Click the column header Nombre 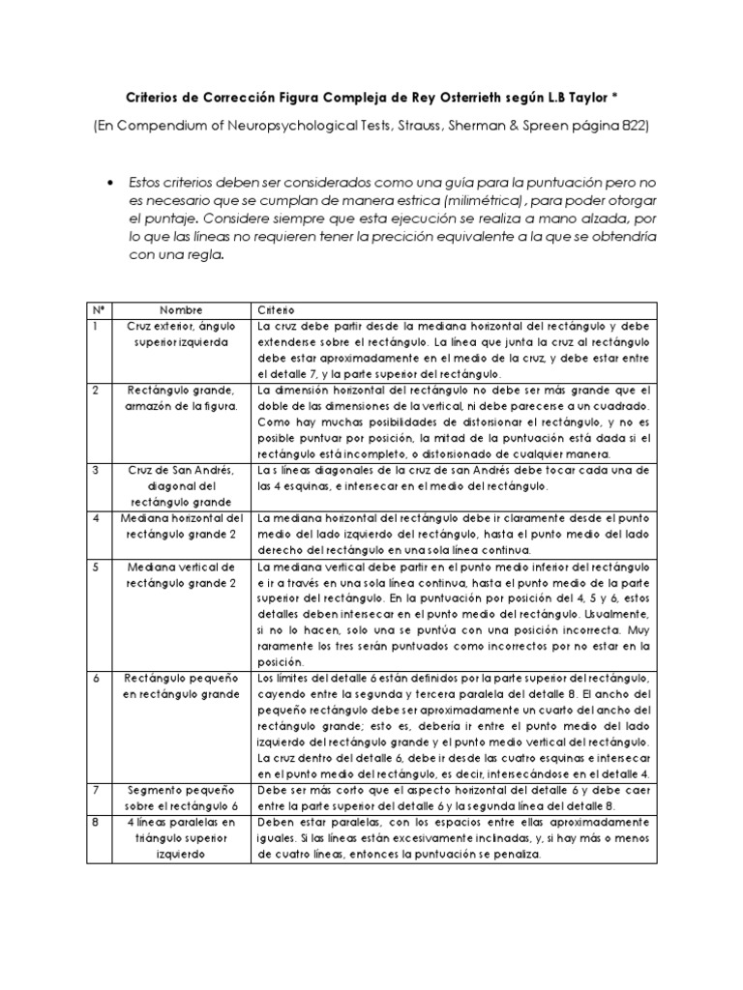(x=181, y=310)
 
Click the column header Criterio (x=276, y=310)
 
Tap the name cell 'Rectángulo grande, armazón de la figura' (x=181, y=398)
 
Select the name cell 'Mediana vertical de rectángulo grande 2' (x=181, y=575)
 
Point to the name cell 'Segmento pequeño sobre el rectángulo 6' (x=181, y=799)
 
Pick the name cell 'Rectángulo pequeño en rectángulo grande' (x=181, y=687)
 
